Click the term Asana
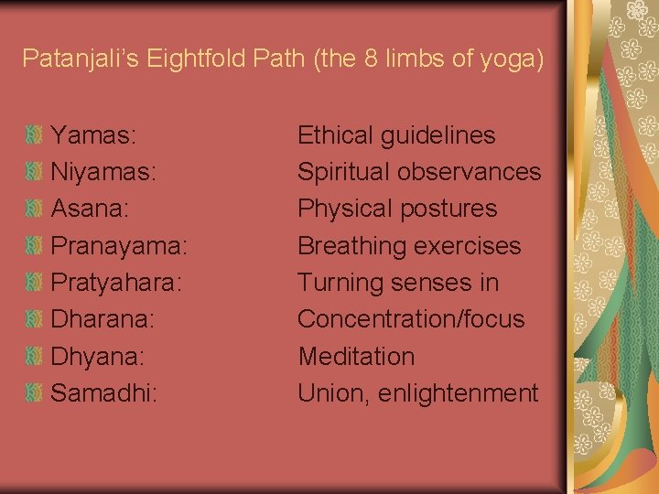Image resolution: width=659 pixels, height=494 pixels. click(x=90, y=209)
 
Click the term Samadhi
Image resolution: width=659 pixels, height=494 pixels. click(x=103, y=393)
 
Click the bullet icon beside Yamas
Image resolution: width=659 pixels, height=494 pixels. click(x=34, y=135)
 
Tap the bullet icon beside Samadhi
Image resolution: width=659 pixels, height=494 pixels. click(x=34, y=393)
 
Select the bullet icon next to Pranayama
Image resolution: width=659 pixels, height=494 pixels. click(x=34, y=246)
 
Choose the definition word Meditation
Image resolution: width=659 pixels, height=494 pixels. click(x=356, y=356)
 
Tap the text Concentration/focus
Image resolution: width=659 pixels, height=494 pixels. click(x=411, y=319)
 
